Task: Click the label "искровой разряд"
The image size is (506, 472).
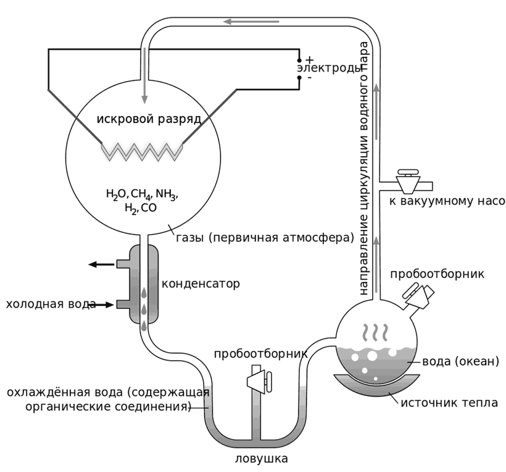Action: pos(149,118)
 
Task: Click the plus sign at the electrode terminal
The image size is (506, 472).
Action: pos(310,59)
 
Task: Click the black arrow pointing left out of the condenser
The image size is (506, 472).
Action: pos(101,264)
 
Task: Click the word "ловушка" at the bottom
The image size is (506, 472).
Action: pos(261,459)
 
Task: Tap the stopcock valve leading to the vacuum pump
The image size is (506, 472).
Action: pos(407,182)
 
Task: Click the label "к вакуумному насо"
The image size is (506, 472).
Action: pos(447,201)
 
